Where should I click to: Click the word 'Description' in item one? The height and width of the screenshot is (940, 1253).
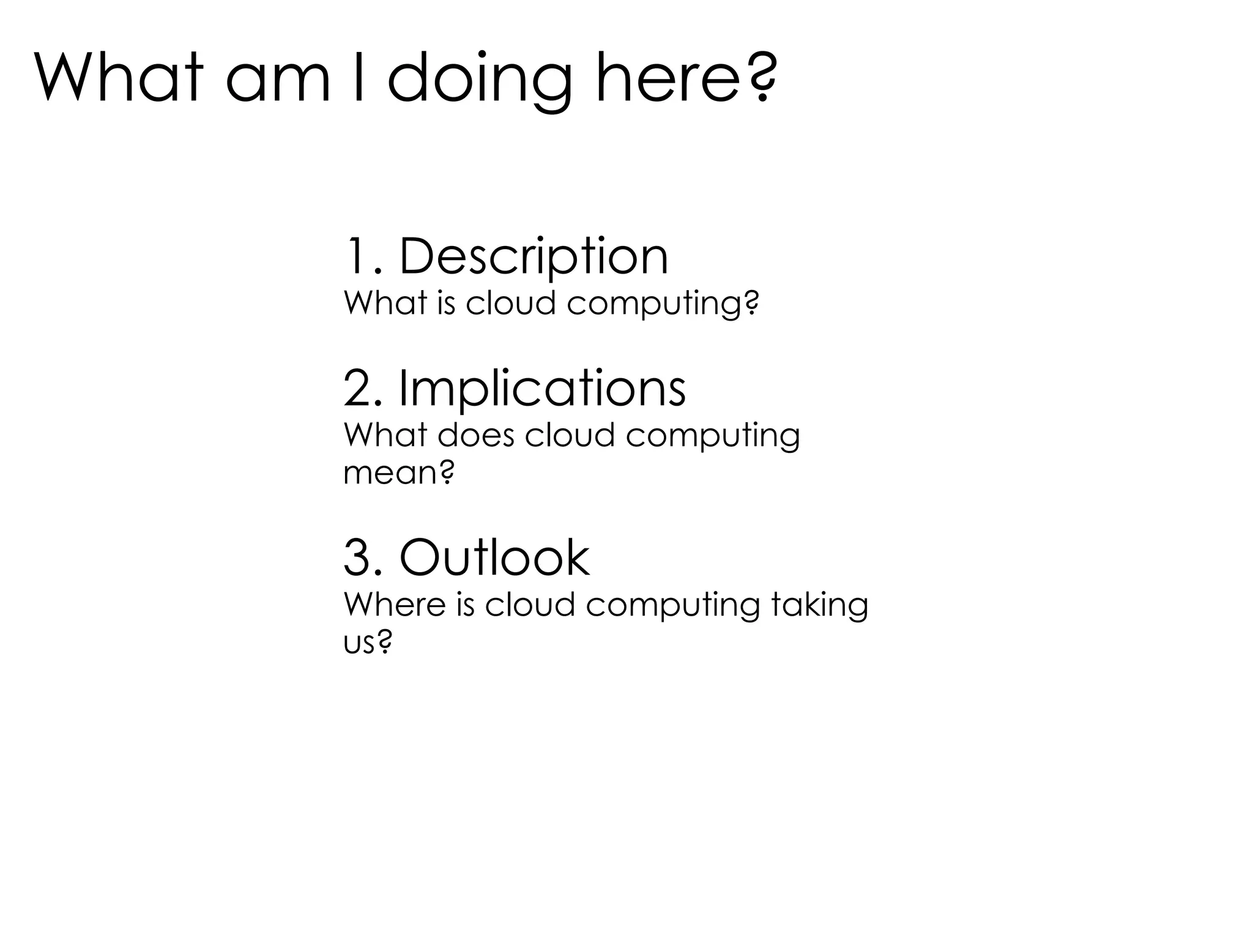point(534,257)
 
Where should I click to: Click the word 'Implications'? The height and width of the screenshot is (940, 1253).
point(542,389)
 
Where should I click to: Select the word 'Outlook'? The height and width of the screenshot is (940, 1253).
point(494,558)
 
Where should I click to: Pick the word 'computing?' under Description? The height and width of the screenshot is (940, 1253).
point(663,304)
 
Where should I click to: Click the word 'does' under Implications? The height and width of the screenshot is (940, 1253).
point(476,435)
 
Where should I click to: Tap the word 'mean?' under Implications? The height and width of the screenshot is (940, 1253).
point(399,473)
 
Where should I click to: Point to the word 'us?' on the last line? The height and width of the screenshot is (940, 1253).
point(367,643)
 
